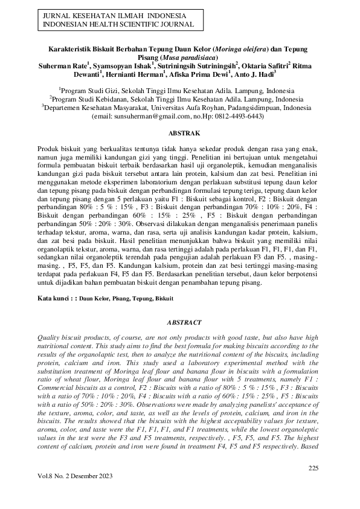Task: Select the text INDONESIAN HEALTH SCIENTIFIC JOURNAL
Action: click(x=115, y=24)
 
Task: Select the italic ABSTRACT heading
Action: click(x=180, y=323)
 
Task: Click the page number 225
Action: click(x=312, y=468)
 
